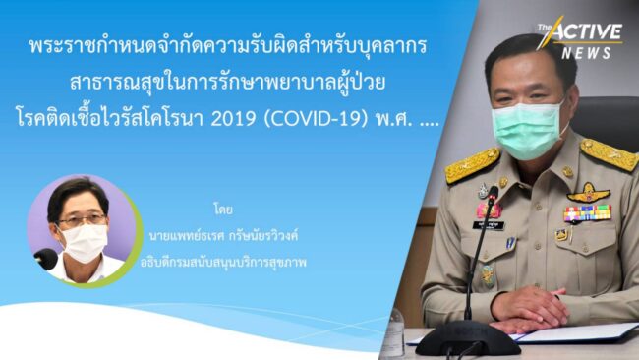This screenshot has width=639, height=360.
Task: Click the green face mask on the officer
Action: [x=528, y=127]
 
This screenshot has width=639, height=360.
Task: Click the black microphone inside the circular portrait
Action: [x=45, y=259]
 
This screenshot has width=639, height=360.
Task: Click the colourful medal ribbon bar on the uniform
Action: [x=587, y=212]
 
